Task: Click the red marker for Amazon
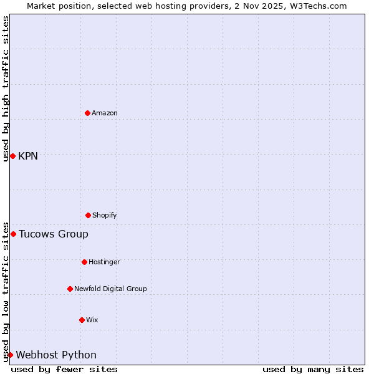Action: [x=88, y=113]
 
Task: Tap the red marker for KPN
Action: [x=12, y=156]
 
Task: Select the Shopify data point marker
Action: [x=88, y=215]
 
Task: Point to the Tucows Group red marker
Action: [x=13, y=234]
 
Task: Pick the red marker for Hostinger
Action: [x=84, y=262]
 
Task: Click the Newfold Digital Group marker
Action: [x=70, y=289]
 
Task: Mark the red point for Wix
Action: [x=82, y=320]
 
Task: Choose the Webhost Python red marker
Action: [x=10, y=355]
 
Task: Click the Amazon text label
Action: [x=105, y=113]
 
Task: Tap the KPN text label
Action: [x=28, y=156]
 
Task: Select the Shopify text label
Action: [x=105, y=215]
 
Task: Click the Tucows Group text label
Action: [x=54, y=234]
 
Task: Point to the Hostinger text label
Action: [x=104, y=262]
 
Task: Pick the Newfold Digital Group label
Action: [x=110, y=289]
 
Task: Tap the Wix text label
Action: [x=92, y=320]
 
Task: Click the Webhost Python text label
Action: [x=56, y=355]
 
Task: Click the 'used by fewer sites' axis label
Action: [x=64, y=369]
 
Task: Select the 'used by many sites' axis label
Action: [x=313, y=369]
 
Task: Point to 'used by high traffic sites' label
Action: [x=6, y=89]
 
